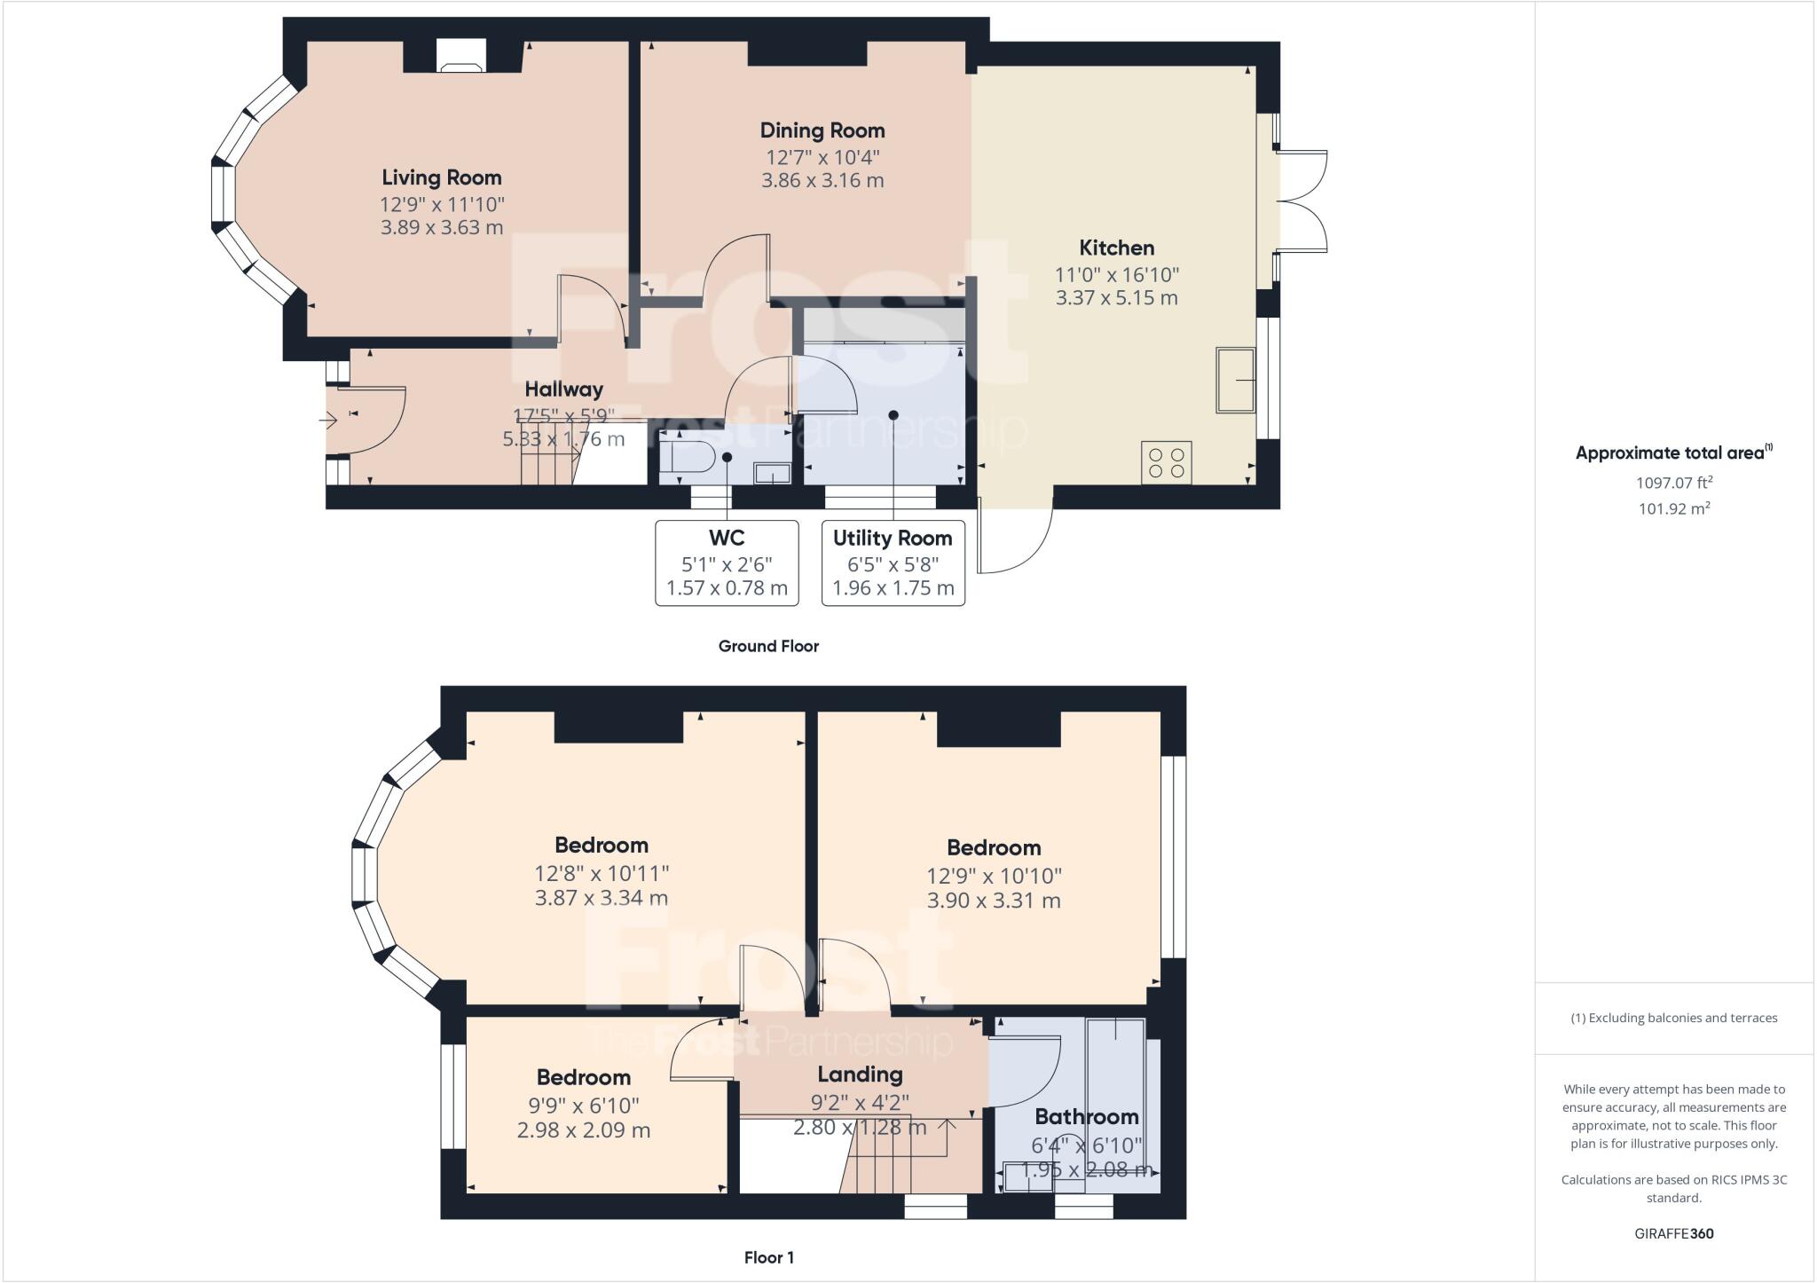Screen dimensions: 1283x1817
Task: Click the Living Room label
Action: [441, 177]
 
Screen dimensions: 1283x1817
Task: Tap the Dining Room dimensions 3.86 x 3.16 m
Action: [822, 181]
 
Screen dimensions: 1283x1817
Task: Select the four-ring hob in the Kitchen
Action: [1166, 462]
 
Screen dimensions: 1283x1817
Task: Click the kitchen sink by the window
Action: [1235, 381]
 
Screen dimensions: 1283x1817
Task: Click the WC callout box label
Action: [727, 538]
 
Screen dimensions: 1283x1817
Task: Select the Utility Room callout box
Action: [893, 563]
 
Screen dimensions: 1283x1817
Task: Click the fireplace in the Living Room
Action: [461, 58]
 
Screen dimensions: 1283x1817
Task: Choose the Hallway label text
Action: [563, 390]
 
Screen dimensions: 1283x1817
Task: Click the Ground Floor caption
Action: [768, 647]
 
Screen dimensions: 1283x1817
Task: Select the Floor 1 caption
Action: [768, 1257]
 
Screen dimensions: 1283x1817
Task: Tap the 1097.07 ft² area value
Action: [1673, 484]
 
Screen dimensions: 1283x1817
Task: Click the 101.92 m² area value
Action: [1673, 509]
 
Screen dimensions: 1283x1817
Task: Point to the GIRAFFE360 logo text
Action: [1673, 1233]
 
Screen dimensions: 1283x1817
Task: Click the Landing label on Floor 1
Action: [860, 1074]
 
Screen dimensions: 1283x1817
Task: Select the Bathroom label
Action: [1086, 1116]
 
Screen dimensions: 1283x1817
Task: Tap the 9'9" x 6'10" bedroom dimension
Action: [583, 1106]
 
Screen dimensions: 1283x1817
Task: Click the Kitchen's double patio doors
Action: [1301, 202]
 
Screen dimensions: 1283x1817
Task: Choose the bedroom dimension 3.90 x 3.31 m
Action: [993, 901]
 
